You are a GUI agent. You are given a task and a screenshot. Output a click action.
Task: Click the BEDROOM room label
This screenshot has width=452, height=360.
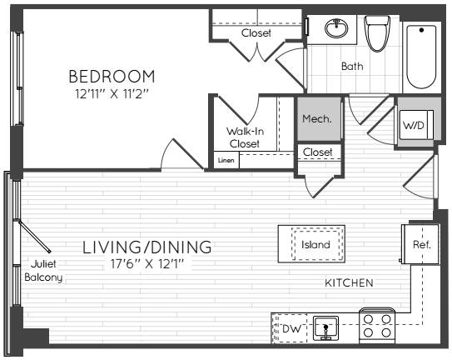pyautogui.click(x=112, y=77)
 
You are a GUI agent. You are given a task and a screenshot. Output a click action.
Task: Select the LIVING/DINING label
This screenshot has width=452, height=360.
pyautogui.click(x=147, y=247)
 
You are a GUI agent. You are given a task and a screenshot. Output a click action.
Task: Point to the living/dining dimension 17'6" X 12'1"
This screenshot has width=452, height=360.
pyautogui.click(x=147, y=264)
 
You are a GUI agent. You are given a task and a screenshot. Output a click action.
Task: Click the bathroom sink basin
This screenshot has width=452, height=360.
pyautogui.click(x=336, y=28)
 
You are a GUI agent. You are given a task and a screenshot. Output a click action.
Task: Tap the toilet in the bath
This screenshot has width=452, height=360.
pyautogui.click(x=377, y=33)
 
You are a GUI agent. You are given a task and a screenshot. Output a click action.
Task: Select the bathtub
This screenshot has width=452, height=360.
pyautogui.click(x=421, y=57)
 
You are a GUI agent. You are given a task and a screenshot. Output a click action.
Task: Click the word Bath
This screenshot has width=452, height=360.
pyautogui.click(x=352, y=66)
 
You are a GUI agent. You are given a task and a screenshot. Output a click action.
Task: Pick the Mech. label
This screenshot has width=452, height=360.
pyautogui.click(x=317, y=118)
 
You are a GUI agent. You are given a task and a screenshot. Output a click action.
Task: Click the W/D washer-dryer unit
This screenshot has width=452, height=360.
pyautogui.click(x=416, y=125)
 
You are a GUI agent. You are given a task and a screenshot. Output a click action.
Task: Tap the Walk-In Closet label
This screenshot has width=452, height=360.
pyautogui.click(x=245, y=137)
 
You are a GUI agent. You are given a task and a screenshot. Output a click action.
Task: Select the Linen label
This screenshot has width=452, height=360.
pyautogui.click(x=226, y=160)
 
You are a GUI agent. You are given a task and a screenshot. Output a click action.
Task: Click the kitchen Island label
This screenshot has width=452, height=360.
pyautogui.click(x=315, y=245)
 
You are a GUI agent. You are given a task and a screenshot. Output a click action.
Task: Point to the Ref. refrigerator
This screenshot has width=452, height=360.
pyautogui.click(x=421, y=244)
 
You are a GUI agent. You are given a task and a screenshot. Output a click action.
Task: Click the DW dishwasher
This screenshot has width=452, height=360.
pyautogui.click(x=290, y=328)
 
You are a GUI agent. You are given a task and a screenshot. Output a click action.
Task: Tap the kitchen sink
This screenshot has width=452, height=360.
pyautogui.click(x=325, y=328)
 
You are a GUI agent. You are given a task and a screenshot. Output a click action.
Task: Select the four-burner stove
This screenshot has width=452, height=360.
pyautogui.click(x=377, y=326)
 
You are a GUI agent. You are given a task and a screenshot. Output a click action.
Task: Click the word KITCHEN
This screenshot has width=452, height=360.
pyautogui.click(x=349, y=283)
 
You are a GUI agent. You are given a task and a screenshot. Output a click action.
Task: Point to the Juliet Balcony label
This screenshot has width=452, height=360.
pyautogui.click(x=43, y=271)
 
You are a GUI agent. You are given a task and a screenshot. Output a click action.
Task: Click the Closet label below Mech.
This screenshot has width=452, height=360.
pyautogui.click(x=318, y=152)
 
